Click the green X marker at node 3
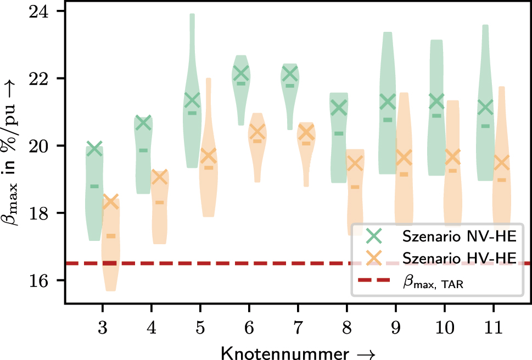(94, 148)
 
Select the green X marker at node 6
(240, 72)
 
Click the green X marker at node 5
(192, 100)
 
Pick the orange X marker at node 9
(404, 157)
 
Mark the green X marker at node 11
(485, 108)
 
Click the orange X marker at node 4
(159, 177)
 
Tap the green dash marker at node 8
(339, 133)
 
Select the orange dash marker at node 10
(453, 171)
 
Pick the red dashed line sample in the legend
(374, 280)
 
